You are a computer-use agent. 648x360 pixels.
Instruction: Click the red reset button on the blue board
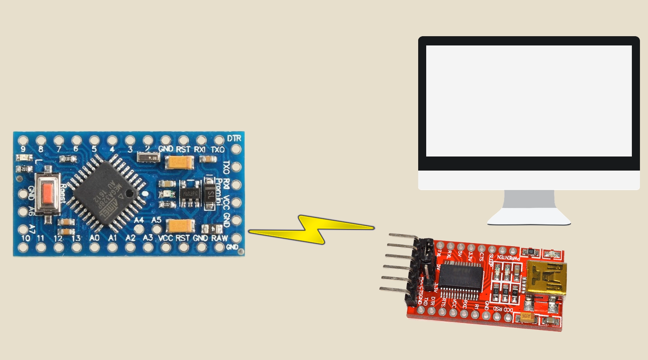pyautogui.click(x=48, y=192)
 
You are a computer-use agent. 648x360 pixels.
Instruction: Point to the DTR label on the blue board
pyautogui.click(x=234, y=138)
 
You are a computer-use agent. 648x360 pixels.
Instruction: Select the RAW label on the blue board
pyautogui.click(x=219, y=238)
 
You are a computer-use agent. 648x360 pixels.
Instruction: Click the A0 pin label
pyautogui.click(x=94, y=238)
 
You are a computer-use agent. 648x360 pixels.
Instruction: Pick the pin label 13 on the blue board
pyautogui.click(x=76, y=238)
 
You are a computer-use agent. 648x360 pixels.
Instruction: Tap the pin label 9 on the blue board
pyautogui.click(x=23, y=149)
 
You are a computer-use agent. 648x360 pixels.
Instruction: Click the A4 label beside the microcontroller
pyautogui.click(x=139, y=220)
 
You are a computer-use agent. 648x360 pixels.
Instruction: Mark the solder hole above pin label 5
pyautogui.click(x=94, y=140)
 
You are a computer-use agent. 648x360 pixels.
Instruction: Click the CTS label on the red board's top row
pyautogui.click(x=481, y=256)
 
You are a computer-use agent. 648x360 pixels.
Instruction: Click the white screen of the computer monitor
pyautogui.click(x=528, y=101)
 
